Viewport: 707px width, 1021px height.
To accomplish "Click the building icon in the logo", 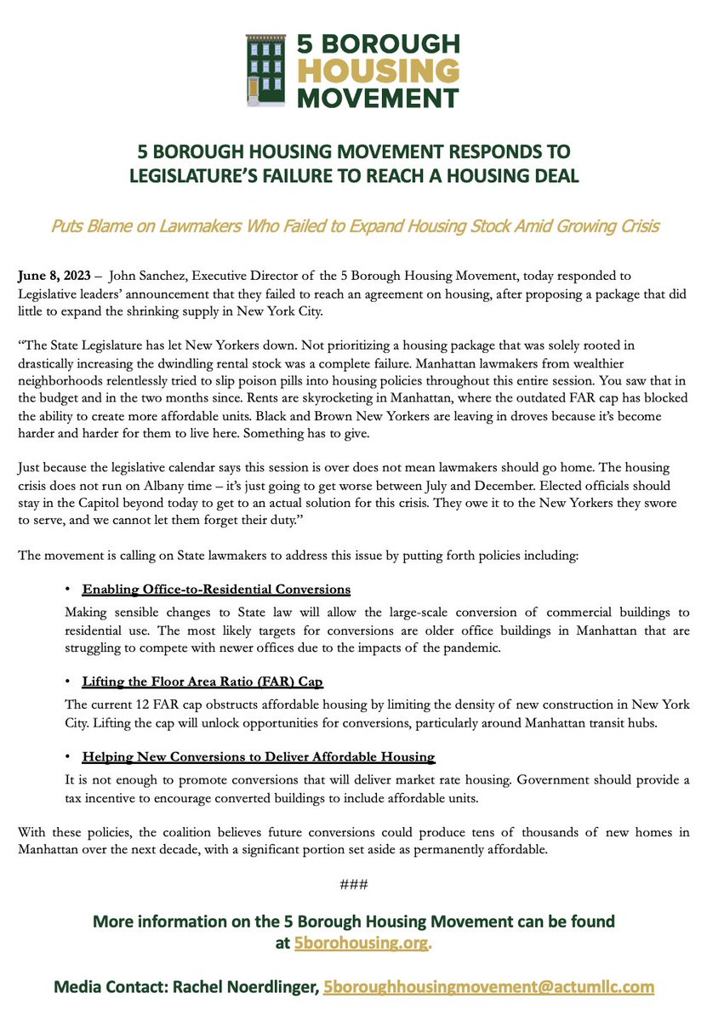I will coord(265,71).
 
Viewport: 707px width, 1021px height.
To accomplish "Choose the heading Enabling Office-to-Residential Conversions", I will coord(216,590).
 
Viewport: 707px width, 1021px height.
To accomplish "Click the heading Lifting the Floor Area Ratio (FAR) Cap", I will coord(202,682).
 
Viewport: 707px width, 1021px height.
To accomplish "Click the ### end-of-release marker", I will coord(353,884).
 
